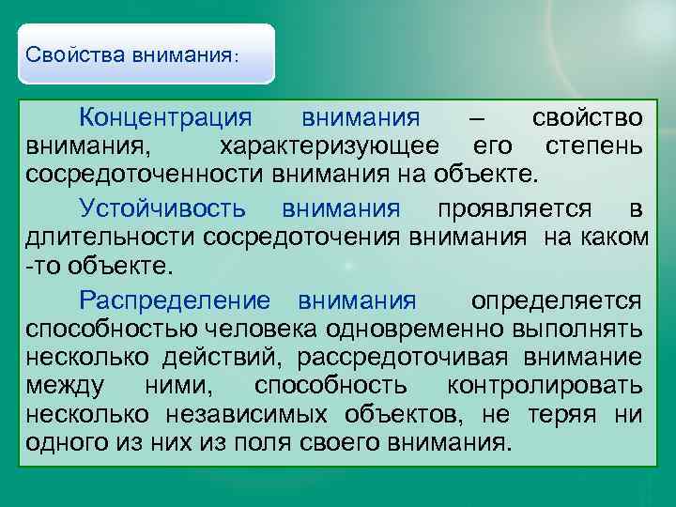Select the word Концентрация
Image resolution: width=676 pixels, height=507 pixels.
pyautogui.click(x=166, y=118)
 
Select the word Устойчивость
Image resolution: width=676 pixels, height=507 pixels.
pyautogui.click(x=162, y=207)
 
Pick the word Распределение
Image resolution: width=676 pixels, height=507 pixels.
pyautogui.click(x=176, y=300)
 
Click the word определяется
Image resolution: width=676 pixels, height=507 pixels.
pyautogui.click(x=557, y=300)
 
